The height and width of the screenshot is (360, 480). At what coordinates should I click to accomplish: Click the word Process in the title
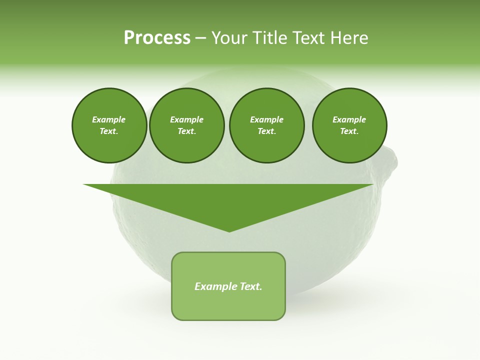click(157, 37)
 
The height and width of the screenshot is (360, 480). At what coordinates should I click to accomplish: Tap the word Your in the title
click(230, 37)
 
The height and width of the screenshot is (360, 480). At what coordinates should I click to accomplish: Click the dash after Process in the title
click(201, 38)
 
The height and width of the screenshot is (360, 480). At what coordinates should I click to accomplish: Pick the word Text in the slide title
click(308, 37)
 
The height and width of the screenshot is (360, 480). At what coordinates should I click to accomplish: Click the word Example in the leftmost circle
click(109, 119)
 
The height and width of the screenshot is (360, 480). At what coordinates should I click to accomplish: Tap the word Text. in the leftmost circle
click(109, 131)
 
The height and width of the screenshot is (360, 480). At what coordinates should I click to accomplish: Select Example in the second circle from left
click(186, 119)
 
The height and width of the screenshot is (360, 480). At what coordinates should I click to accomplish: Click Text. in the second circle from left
click(186, 131)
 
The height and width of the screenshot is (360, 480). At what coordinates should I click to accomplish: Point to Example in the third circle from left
click(266, 119)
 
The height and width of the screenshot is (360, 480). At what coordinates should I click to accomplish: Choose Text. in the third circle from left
click(266, 131)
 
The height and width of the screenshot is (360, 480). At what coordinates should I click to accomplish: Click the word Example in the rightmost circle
click(349, 119)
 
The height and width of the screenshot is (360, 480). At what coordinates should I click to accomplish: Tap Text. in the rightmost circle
click(349, 131)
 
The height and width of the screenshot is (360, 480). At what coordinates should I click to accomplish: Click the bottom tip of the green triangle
click(229, 231)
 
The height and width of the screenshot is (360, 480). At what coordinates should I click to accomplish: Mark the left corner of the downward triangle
click(84, 184)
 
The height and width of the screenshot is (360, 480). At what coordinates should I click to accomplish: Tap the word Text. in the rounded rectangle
click(250, 286)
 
